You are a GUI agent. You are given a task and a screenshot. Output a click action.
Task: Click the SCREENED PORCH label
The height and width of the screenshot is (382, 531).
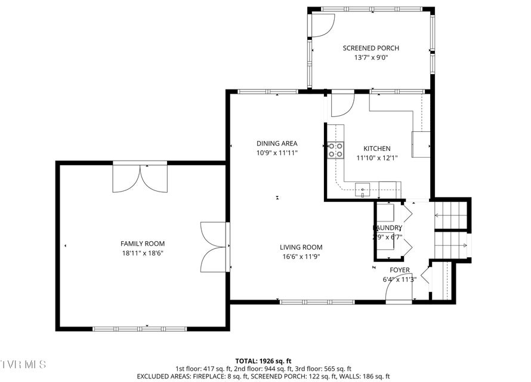(371, 48)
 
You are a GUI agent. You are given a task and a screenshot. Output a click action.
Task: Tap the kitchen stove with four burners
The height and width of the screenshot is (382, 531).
(335, 150)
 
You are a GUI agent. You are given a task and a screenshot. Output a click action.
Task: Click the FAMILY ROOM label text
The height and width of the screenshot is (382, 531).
(143, 244)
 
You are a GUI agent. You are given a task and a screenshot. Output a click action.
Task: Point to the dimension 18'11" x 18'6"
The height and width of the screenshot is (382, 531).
(143, 253)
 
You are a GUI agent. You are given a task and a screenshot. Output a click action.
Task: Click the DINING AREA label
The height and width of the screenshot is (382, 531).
(277, 143)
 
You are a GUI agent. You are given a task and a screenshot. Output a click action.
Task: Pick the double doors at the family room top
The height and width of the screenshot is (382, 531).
(140, 178)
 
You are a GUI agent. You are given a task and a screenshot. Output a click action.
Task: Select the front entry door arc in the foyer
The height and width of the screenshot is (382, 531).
(398, 291)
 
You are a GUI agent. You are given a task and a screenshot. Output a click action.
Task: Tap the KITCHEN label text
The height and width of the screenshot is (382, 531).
(377, 149)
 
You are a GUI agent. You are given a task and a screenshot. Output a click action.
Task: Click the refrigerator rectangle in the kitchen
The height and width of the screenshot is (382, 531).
(421, 144)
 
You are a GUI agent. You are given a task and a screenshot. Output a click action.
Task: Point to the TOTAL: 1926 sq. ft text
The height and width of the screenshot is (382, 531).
(263, 361)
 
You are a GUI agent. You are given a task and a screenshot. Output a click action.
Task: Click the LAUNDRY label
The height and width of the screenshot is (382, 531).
(388, 228)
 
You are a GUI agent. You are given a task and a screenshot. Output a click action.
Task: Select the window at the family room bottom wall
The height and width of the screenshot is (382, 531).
(140, 328)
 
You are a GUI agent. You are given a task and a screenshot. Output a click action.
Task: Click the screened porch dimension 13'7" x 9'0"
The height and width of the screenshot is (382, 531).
(371, 58)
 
